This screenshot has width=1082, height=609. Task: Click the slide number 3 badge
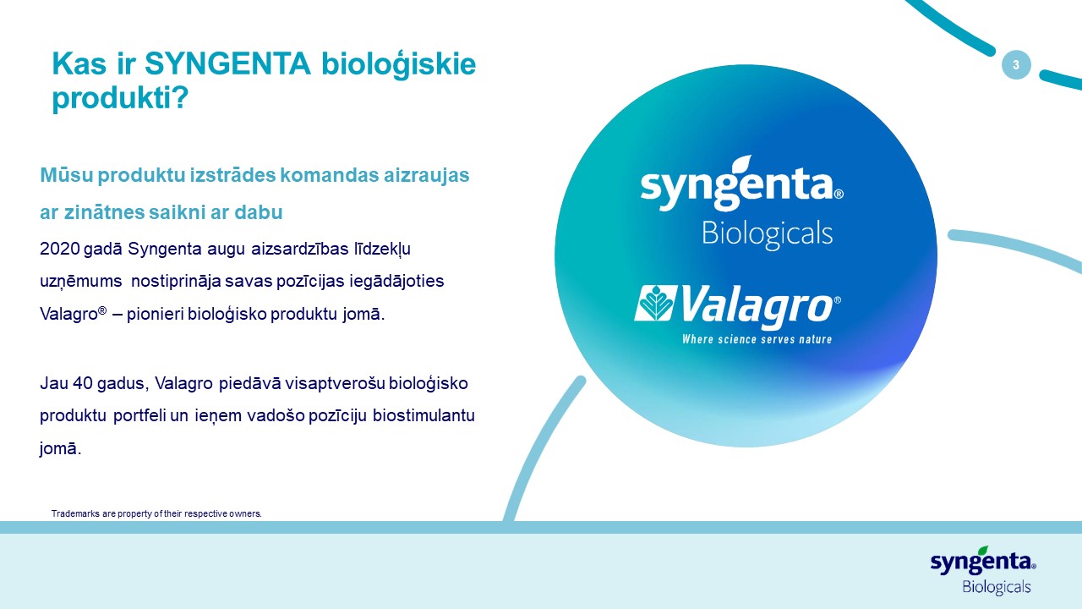1016,65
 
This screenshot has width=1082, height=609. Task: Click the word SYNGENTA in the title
227,63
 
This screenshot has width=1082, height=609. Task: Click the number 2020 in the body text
59,249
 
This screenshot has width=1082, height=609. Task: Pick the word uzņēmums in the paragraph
80,282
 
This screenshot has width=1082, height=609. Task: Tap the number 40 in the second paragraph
82,383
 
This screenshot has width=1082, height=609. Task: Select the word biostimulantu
424,415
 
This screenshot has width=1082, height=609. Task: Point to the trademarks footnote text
156,513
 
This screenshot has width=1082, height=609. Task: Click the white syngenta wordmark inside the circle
742,187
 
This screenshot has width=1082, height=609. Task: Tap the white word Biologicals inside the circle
767,234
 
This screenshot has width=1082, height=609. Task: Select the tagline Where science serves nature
757,339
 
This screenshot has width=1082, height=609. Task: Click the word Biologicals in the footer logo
997,587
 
